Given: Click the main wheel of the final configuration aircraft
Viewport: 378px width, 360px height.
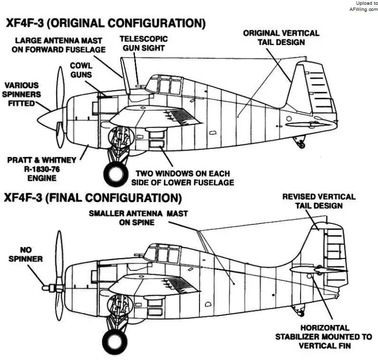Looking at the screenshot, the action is click(115, 342).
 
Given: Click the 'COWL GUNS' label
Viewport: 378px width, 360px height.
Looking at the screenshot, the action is click(81, 70).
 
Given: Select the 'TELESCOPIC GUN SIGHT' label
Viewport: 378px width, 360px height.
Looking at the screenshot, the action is click(144, 43).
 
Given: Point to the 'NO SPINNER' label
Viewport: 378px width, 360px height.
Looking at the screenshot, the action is click(26, 254).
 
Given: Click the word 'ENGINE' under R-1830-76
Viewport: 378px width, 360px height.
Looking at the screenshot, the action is click(42, 178).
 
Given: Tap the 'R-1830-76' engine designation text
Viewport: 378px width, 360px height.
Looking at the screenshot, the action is click(42, 169).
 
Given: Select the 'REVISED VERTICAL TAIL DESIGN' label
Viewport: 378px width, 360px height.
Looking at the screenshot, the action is click(319, 201).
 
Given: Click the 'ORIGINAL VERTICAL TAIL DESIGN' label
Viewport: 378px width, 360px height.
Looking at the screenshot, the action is click(281, 37).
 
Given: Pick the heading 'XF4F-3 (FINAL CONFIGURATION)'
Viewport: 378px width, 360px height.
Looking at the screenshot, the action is click(93, 198).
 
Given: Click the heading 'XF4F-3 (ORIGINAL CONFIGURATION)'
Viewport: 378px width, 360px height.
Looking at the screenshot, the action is click(105, 23).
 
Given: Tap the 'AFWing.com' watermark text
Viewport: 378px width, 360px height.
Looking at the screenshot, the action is click(364, 9).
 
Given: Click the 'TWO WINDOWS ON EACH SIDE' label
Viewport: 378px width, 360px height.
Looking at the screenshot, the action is click(182, 178).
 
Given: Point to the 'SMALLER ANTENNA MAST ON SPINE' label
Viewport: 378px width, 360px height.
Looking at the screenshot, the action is click(138, 218).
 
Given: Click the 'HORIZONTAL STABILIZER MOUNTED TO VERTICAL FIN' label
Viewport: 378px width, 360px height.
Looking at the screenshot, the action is click(324, 337).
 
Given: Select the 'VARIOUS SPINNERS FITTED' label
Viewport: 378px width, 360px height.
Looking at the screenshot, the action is click(21, 94).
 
